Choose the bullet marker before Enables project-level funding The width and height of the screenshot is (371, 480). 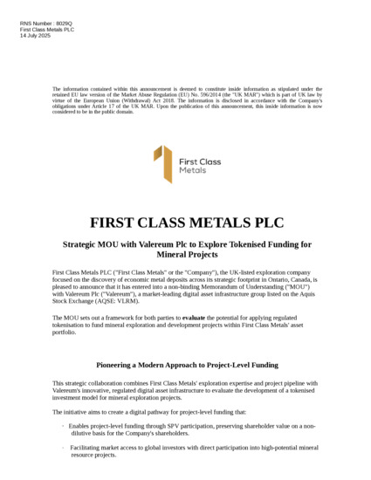coord(62,425)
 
